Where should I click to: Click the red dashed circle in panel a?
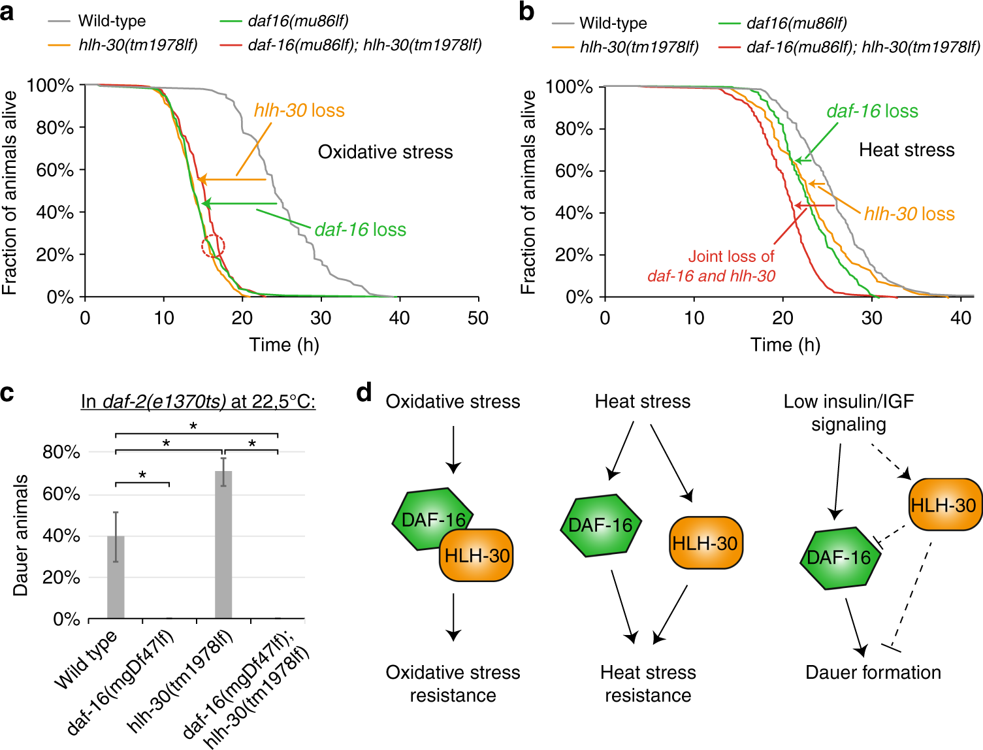coord(213,246)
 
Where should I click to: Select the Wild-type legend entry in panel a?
coord(112,21)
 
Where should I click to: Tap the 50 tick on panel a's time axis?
coord(477,318)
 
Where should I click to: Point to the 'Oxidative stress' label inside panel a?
coord(385,152)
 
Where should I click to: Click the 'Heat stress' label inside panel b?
coord(907,150)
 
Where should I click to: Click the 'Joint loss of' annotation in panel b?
coord(731,257)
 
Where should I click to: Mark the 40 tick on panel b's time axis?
coord(960,318)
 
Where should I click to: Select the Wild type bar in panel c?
coord(116,577)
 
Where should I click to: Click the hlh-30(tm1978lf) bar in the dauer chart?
coord(223,544)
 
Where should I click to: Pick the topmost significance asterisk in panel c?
coord(193,427)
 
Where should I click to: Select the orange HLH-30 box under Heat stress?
coord(705,543)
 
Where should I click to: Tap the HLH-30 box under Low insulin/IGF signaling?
coord(943,505)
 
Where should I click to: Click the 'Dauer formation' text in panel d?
coord(873,672)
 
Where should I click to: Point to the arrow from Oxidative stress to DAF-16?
coord(453,449)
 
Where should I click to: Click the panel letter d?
coord(364,393)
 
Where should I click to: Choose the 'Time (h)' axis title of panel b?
coord(785,345)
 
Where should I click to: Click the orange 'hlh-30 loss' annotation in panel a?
coord(299,110)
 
